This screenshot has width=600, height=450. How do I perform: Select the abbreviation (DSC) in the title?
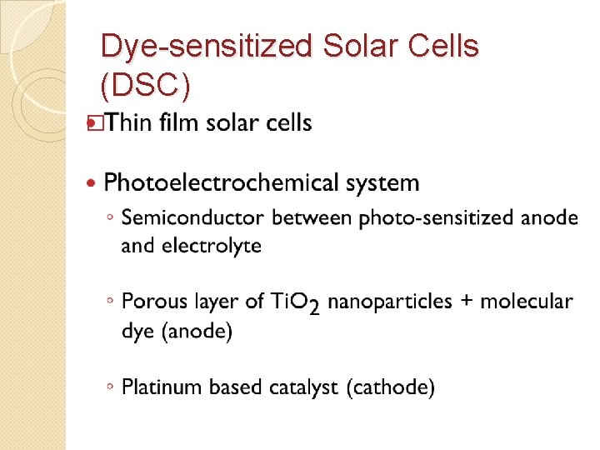coord(145,85)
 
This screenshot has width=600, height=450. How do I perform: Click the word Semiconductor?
coord(193,218)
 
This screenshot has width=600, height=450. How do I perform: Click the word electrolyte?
coord(212,246)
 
